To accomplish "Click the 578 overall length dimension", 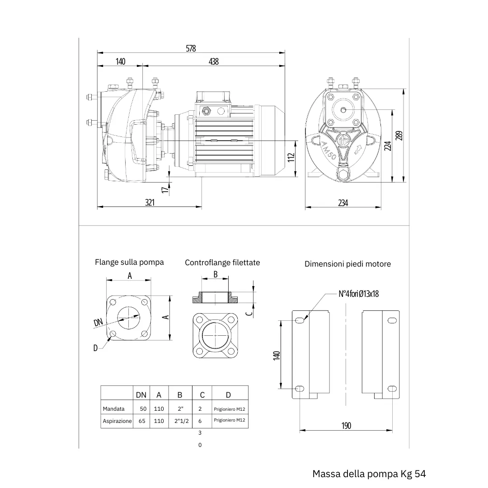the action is click(x=191, y=48).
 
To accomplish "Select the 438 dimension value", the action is click(x=213, y=61).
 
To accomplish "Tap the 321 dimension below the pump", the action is click(x=150, y=202).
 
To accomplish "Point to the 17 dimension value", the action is click(x=165, y=188).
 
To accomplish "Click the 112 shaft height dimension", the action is click(x=291, y=158).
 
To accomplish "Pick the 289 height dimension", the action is click(x=399, y=136).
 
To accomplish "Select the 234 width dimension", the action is click(x=343, y=203).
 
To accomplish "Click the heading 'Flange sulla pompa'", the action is click(x=129, y=262).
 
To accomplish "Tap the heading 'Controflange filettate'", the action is click(x=222, y=263).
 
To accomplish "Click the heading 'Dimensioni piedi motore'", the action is click(x=347, y=264).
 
